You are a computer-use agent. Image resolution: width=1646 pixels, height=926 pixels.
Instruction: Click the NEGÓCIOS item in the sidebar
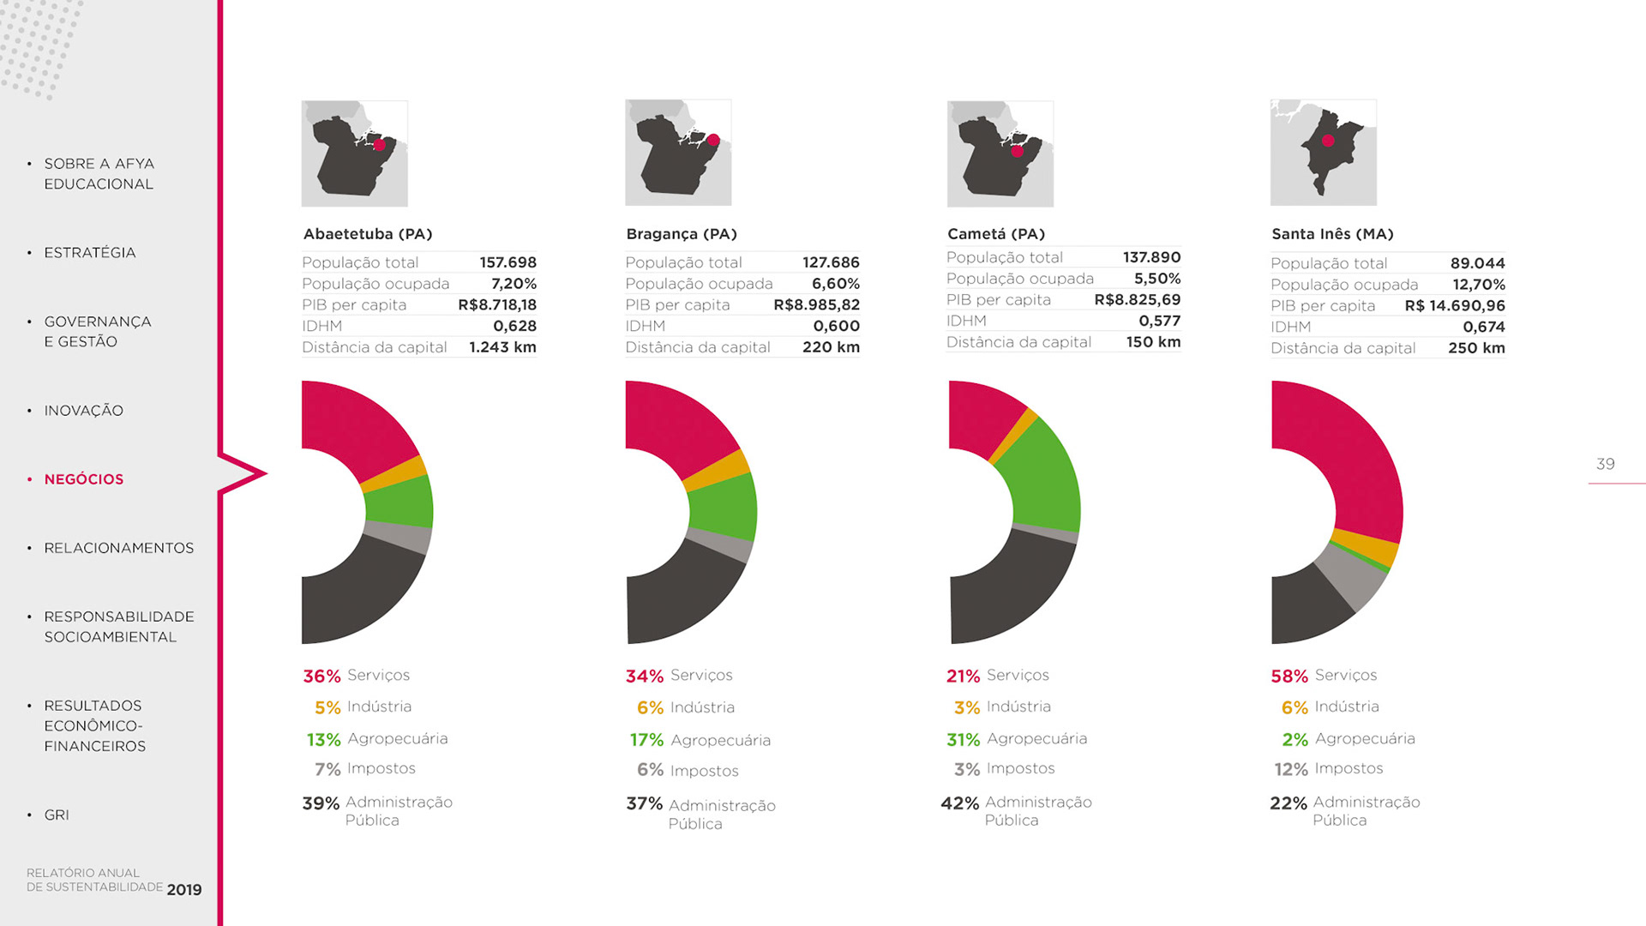pos(83,479)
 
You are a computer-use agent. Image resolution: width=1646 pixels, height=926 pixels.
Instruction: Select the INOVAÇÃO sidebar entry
pos(83,411)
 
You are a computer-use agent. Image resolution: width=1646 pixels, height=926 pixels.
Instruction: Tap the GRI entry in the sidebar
pos(57,815)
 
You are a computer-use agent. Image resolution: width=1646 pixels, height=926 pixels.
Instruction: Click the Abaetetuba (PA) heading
pos(368,234)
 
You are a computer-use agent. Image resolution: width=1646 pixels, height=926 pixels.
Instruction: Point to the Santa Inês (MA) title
pos(1332,234)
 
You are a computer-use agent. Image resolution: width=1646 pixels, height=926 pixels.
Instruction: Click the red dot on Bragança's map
pos(713,140)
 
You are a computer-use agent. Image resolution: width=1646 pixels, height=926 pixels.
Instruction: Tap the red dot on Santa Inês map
pos(1328,141)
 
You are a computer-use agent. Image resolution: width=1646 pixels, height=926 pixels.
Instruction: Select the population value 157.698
pos(508,262)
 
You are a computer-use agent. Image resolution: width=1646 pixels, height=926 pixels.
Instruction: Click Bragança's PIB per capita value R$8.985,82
pos(816,304)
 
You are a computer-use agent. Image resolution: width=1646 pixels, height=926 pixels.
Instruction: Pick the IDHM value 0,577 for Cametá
pos(1159,321)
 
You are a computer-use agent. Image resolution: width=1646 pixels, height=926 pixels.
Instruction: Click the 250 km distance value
pos(1476,348)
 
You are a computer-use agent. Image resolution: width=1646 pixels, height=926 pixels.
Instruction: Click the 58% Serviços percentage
pos(1289,676)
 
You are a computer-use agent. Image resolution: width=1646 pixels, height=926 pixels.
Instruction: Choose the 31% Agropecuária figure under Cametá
pos(963,740)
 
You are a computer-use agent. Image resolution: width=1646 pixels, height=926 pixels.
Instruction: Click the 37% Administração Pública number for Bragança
pos(644,804)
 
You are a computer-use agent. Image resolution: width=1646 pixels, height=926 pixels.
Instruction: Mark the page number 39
pos(1605,464)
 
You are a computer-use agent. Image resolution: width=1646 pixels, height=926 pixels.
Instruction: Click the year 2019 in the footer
pos(184,890)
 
